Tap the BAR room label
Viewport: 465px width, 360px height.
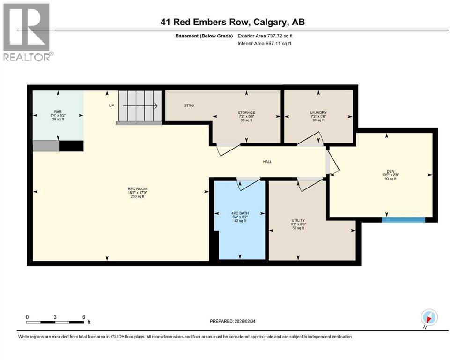(58, 112)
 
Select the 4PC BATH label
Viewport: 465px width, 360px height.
(239, 212)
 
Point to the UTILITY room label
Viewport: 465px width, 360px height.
(298, 220)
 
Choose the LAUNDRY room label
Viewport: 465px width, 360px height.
(318, 112)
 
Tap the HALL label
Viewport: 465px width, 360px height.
(267, 162)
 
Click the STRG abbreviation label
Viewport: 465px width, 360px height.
(189, 105)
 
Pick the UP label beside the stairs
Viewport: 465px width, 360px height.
(111, 105)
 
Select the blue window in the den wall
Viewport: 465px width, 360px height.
(403, 219)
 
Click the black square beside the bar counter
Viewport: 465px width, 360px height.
(71, 146)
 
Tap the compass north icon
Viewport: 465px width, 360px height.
(429, 317)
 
